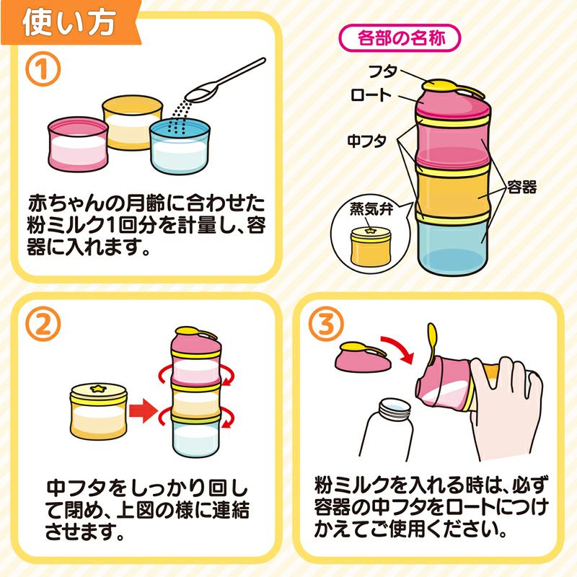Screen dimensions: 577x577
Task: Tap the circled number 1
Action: point(45,70)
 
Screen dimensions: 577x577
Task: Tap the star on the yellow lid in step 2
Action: point(98,389)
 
